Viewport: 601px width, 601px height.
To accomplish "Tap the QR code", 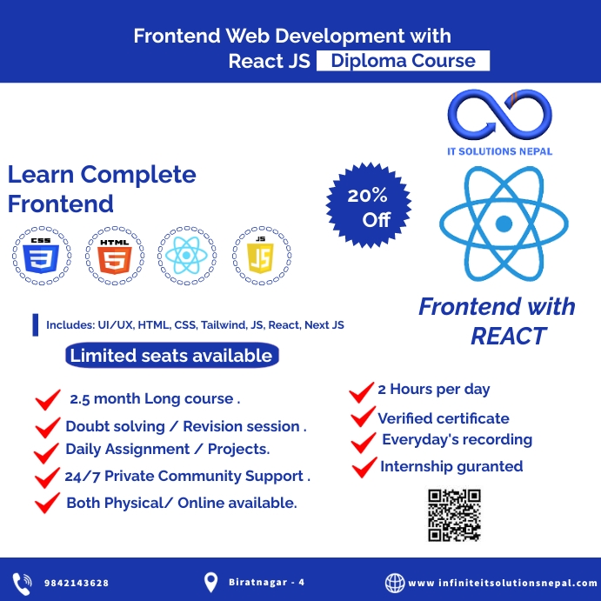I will (x=454, y=516).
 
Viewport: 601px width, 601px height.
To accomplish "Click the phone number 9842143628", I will (x=77, y=583).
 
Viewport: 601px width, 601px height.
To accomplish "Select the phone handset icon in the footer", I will (x=22, y=582).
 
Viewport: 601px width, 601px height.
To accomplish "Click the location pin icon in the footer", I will (x=210, y=582).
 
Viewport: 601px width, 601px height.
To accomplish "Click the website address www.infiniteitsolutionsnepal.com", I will (x=502, y=583).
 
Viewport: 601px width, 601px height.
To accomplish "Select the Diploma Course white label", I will (x=403, y=61).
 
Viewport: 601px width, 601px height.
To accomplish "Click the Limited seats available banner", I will (x=170, y=355).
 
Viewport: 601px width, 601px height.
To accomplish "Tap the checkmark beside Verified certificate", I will (x=362, y=418).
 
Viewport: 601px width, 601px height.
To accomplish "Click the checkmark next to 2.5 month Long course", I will (x=47, y=400).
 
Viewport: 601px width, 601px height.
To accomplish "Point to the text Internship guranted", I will (x=451, y=466).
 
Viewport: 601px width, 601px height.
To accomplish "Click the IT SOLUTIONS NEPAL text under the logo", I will (x=499, y=151).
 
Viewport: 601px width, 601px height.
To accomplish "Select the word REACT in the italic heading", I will (x=509, y=336).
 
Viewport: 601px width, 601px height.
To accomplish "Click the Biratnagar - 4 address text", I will (x=267, y=582).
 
